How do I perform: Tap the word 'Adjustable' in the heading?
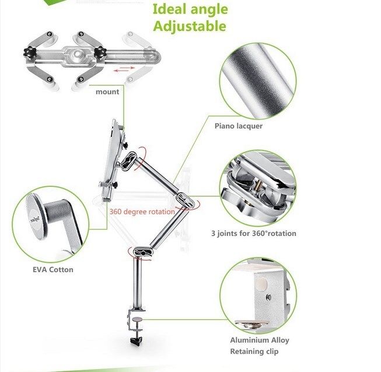(x=190, y=26)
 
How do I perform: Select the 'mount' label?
(x=107, y=92)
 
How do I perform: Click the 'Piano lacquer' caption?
(x=239, y=126)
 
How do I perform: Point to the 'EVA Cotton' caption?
(x=53, y=270)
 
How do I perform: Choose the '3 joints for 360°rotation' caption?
(x=254, y=234)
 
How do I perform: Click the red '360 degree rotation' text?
(x=142, y=211)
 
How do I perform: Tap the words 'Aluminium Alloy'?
(x=260, y=340)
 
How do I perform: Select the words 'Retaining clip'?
(x=254, y=352)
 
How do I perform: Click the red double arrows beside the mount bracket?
(x=124, y=69)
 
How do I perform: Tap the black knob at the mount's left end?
(x=30, y=52)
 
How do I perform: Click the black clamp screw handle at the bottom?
(x=137, y=340)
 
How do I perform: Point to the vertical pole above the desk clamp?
(x=138, y=283)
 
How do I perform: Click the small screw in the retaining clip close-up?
(x=268, y=297)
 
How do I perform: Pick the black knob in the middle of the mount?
(x=99, y=53)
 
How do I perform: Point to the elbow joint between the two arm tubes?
(x=186, y=200)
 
